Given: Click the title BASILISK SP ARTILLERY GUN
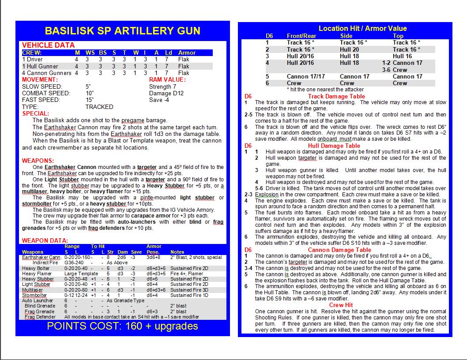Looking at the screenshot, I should (122, 31).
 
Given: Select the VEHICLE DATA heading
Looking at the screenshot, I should (48, 45).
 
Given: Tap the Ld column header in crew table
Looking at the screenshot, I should (168, 52).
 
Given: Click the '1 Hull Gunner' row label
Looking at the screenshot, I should (40, 66).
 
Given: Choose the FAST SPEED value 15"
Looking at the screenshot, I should (90, 100).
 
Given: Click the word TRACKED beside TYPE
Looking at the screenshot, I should (99, 107).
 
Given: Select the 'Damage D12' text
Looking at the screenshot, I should (166, 93).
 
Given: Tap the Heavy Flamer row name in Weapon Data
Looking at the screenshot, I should (36, 274).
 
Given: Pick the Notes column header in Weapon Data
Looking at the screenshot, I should (177, 252).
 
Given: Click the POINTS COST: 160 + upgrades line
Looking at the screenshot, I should (122, 326).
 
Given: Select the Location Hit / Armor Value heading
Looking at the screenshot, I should (362, 29).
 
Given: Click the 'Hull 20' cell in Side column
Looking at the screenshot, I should (349, 49).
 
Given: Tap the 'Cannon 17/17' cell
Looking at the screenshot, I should (306, 76).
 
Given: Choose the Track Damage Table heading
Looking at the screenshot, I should (336, 96).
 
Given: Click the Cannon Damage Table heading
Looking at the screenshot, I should (337, 250).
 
